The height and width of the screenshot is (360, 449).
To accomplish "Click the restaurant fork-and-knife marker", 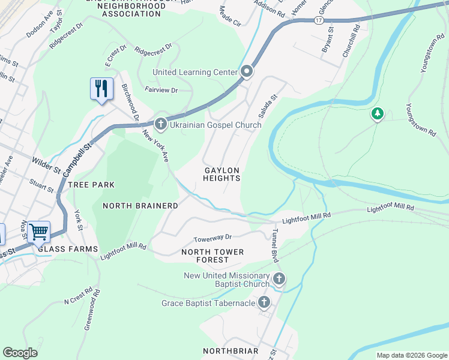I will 101,89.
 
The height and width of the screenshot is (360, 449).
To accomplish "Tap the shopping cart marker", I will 38,232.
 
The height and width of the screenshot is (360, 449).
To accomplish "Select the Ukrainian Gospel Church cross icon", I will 160,124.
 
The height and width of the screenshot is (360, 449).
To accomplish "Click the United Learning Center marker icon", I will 247,72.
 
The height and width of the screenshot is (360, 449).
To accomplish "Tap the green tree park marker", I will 377,113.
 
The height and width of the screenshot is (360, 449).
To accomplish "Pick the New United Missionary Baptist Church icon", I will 279,278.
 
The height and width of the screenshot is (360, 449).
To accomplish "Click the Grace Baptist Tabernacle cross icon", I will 264,303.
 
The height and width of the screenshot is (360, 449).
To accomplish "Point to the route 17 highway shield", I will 318,20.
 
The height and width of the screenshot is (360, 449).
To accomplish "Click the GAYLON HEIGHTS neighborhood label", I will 221,174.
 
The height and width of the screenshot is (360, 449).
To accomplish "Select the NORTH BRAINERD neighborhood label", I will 140,206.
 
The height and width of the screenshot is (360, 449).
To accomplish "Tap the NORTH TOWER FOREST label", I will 212,256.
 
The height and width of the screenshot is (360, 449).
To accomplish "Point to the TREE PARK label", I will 91,185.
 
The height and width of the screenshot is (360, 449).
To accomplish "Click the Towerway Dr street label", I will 212,238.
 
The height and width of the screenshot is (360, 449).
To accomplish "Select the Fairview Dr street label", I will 161,90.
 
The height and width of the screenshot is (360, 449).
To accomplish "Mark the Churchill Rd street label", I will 351,40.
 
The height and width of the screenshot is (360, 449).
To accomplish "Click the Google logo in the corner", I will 20,353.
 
